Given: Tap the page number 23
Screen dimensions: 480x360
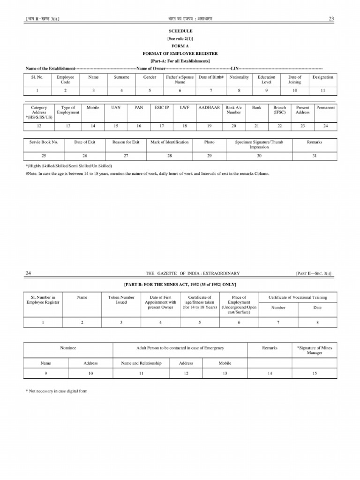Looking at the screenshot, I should click(331, 18).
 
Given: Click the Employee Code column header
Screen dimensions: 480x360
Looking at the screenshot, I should click(65, 80).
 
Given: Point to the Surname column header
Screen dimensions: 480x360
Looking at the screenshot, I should click(121, 77).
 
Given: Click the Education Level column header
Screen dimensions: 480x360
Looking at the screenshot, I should click(266, 80).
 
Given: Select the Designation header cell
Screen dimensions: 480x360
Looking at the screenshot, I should click(322, 77).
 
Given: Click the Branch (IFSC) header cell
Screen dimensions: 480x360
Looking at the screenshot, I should click(279, 110).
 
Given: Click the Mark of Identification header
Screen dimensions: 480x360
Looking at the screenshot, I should click(169, 142).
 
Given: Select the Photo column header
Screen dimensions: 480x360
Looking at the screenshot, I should click(209, 142).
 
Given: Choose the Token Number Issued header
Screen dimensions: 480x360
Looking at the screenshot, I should click(121, 300).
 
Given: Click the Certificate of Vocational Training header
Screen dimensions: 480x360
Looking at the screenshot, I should click(298, 297).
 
